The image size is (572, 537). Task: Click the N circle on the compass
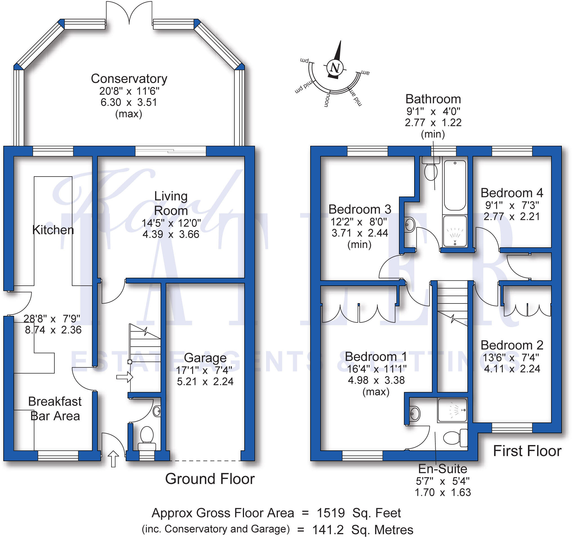click(335, 68)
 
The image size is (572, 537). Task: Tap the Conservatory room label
click(129, 79)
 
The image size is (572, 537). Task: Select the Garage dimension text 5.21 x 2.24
click(205, 382)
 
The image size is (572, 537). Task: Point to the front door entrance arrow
click(113, 458)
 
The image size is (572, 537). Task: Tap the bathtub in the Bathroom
click(455, 185)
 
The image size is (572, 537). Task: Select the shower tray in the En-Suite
click(452, 410)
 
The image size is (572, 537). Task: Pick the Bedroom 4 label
click(512, 193)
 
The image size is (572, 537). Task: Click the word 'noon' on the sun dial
click(327, 100)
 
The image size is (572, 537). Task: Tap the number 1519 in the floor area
click(331, 513)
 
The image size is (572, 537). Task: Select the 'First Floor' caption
click(527, 451)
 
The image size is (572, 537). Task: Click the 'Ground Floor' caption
click(210, 479)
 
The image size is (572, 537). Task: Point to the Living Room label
click(171, 203)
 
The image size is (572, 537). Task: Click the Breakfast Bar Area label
click(55, 409)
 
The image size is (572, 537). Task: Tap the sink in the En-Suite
click(414, 414)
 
